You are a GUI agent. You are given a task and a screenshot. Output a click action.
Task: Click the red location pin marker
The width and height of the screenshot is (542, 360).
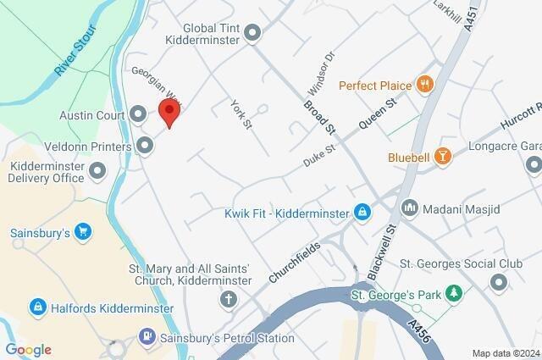[x=170, y=112]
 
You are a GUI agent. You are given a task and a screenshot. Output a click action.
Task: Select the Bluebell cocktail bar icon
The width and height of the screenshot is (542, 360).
[x=441, y=156]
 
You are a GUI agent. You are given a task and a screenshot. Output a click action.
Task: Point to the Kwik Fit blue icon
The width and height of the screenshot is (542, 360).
[x=362, y=211]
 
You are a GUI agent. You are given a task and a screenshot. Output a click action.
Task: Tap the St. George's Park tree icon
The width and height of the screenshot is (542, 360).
[x=455, y=294]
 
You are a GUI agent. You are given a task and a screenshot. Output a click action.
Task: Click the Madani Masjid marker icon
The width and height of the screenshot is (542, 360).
[x=410, y=208]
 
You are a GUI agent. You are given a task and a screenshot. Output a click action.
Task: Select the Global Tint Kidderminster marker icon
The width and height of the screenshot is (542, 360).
[x=252, y=34]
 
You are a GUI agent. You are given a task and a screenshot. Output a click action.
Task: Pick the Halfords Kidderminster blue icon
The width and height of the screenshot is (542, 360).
[x=37, y=306]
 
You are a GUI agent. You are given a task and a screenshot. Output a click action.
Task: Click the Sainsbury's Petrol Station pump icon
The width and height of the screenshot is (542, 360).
[x=148, y=338]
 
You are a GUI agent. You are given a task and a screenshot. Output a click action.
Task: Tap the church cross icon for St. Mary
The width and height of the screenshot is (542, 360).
[x=229, y=299]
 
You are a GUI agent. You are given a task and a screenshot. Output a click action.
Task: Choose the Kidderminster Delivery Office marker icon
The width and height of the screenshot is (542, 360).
[x=97, y=172]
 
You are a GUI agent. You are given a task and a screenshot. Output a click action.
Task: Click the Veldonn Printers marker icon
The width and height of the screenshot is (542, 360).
[x=145, y=147]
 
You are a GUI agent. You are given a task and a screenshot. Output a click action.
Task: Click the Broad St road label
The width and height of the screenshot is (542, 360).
[x=320, y=118]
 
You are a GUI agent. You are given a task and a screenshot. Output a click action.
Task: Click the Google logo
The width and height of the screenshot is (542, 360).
[x=28, y=350]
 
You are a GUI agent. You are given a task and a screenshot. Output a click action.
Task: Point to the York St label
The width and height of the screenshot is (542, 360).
[x=242, y=114]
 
